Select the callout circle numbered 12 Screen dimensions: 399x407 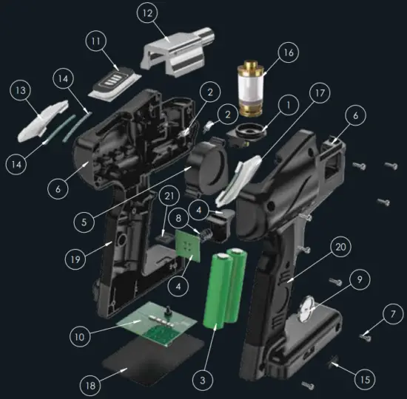coord(147,14)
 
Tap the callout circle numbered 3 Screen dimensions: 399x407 coord(201,381)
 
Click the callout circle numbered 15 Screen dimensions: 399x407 coord(360,380)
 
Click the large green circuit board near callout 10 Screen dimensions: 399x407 coord(152,325)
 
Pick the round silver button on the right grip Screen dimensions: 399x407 coord(305,310)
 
